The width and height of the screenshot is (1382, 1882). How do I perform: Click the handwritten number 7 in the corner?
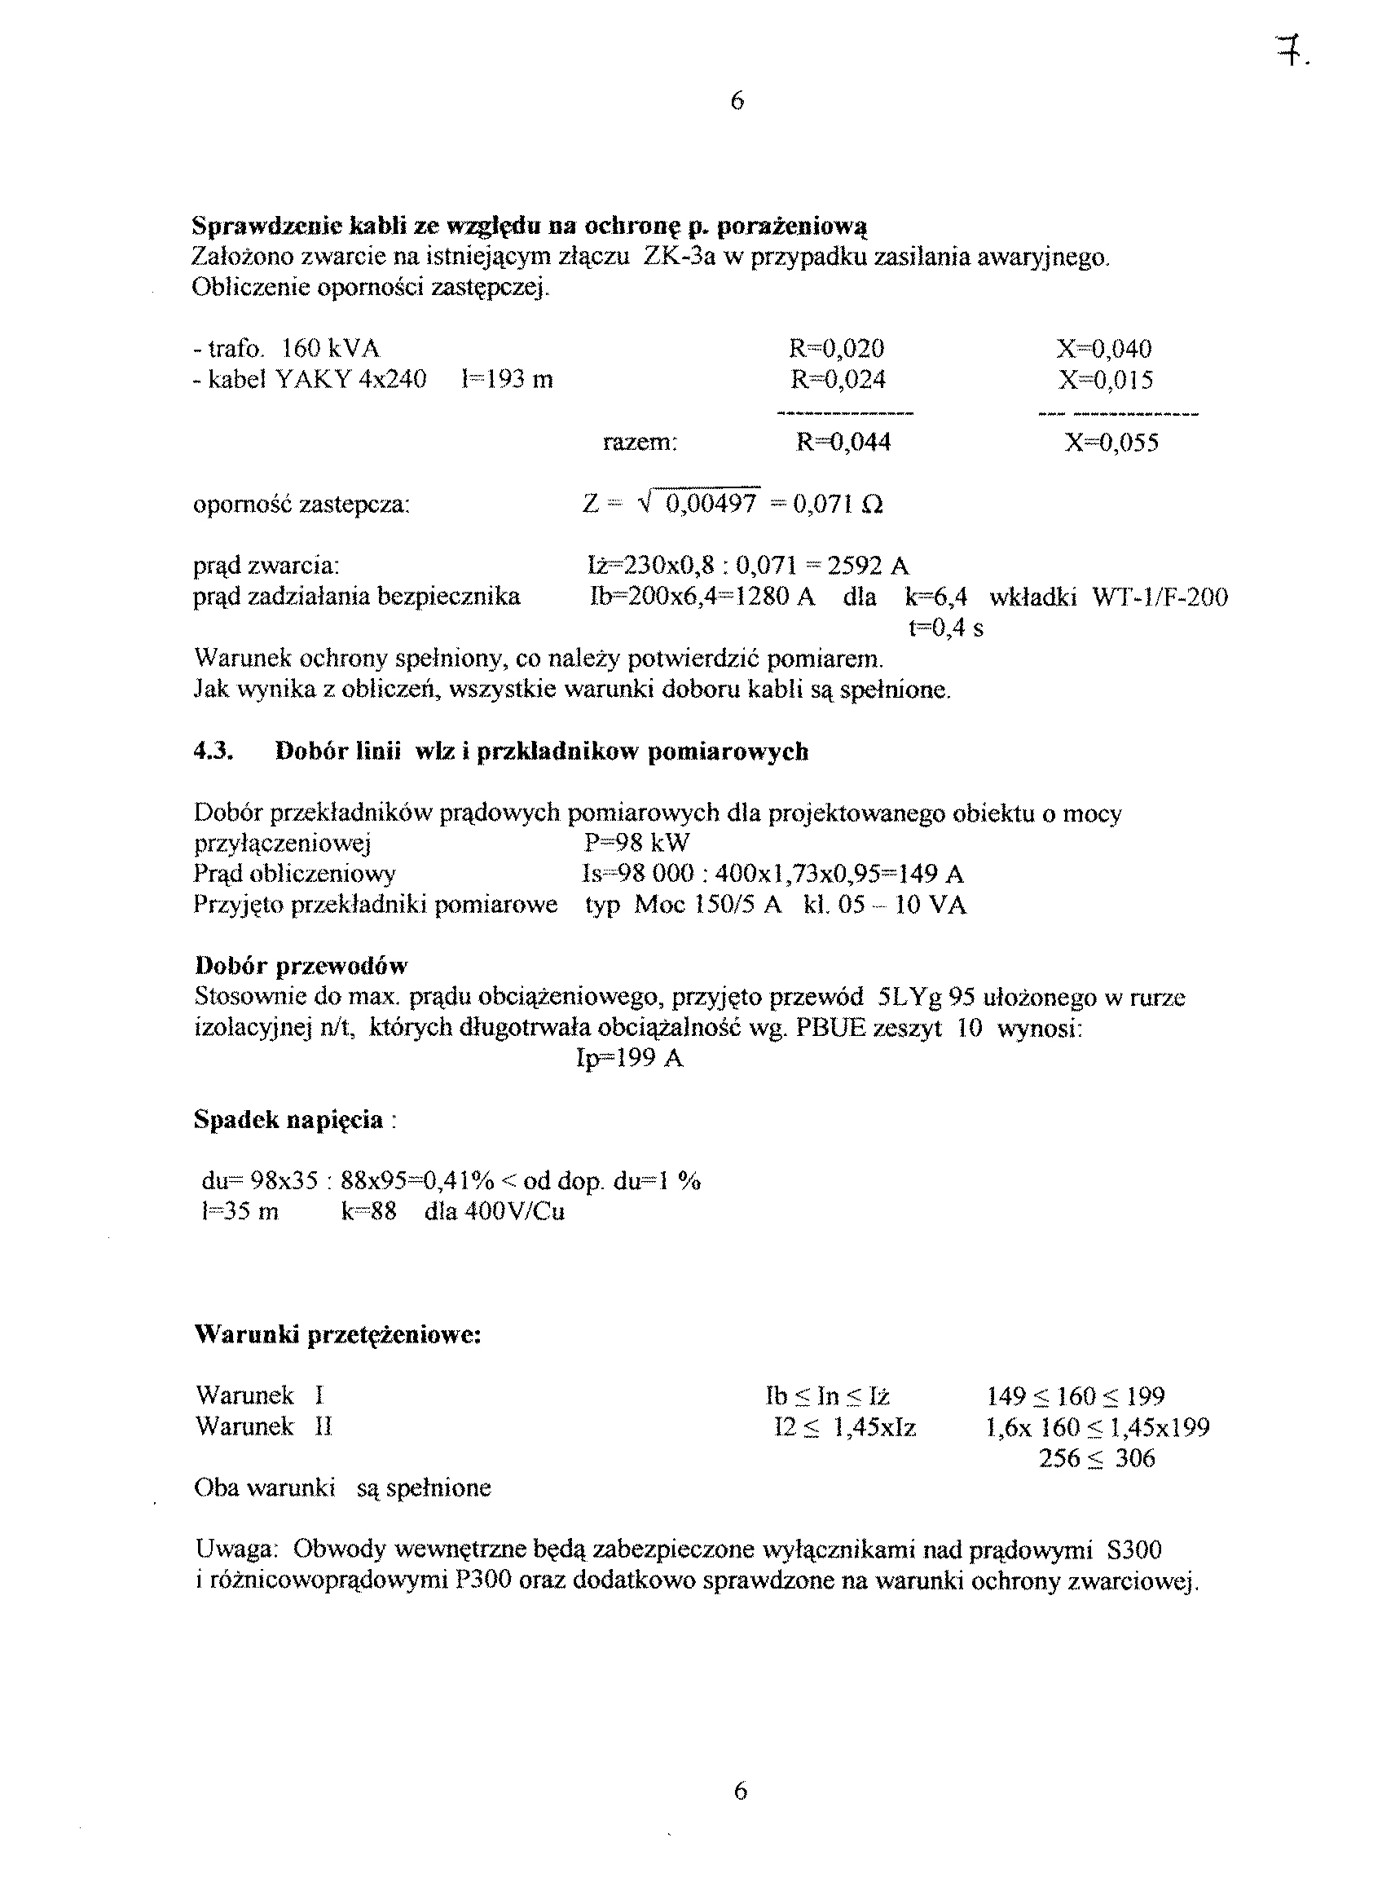[1292, 55]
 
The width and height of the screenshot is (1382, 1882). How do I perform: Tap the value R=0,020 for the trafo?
[836, 348]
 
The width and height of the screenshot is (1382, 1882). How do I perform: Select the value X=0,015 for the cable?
[1105, 380]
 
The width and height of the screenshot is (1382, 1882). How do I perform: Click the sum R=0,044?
[843, 442]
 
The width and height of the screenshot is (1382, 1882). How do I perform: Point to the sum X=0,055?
[1111, 442]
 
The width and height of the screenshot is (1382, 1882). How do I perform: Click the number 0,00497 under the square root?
[711, 504]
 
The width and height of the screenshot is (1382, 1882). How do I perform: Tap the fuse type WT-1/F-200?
[1160, 597]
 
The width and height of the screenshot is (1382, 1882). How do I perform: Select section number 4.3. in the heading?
[213, 751]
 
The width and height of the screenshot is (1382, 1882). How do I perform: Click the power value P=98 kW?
[636, 843]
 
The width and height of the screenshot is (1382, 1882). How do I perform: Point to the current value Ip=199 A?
[630, 1060]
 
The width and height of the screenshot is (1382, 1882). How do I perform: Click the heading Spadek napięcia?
[288, 1120]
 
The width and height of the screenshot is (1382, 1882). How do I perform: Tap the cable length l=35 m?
[240, 1212]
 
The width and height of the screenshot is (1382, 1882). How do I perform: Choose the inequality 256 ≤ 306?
[1097, 1459]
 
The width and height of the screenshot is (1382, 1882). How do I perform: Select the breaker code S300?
[1133, 1549]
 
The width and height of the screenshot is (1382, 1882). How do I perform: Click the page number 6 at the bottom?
[740, 1791]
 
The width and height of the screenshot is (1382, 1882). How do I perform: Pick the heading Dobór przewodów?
[301, 967]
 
